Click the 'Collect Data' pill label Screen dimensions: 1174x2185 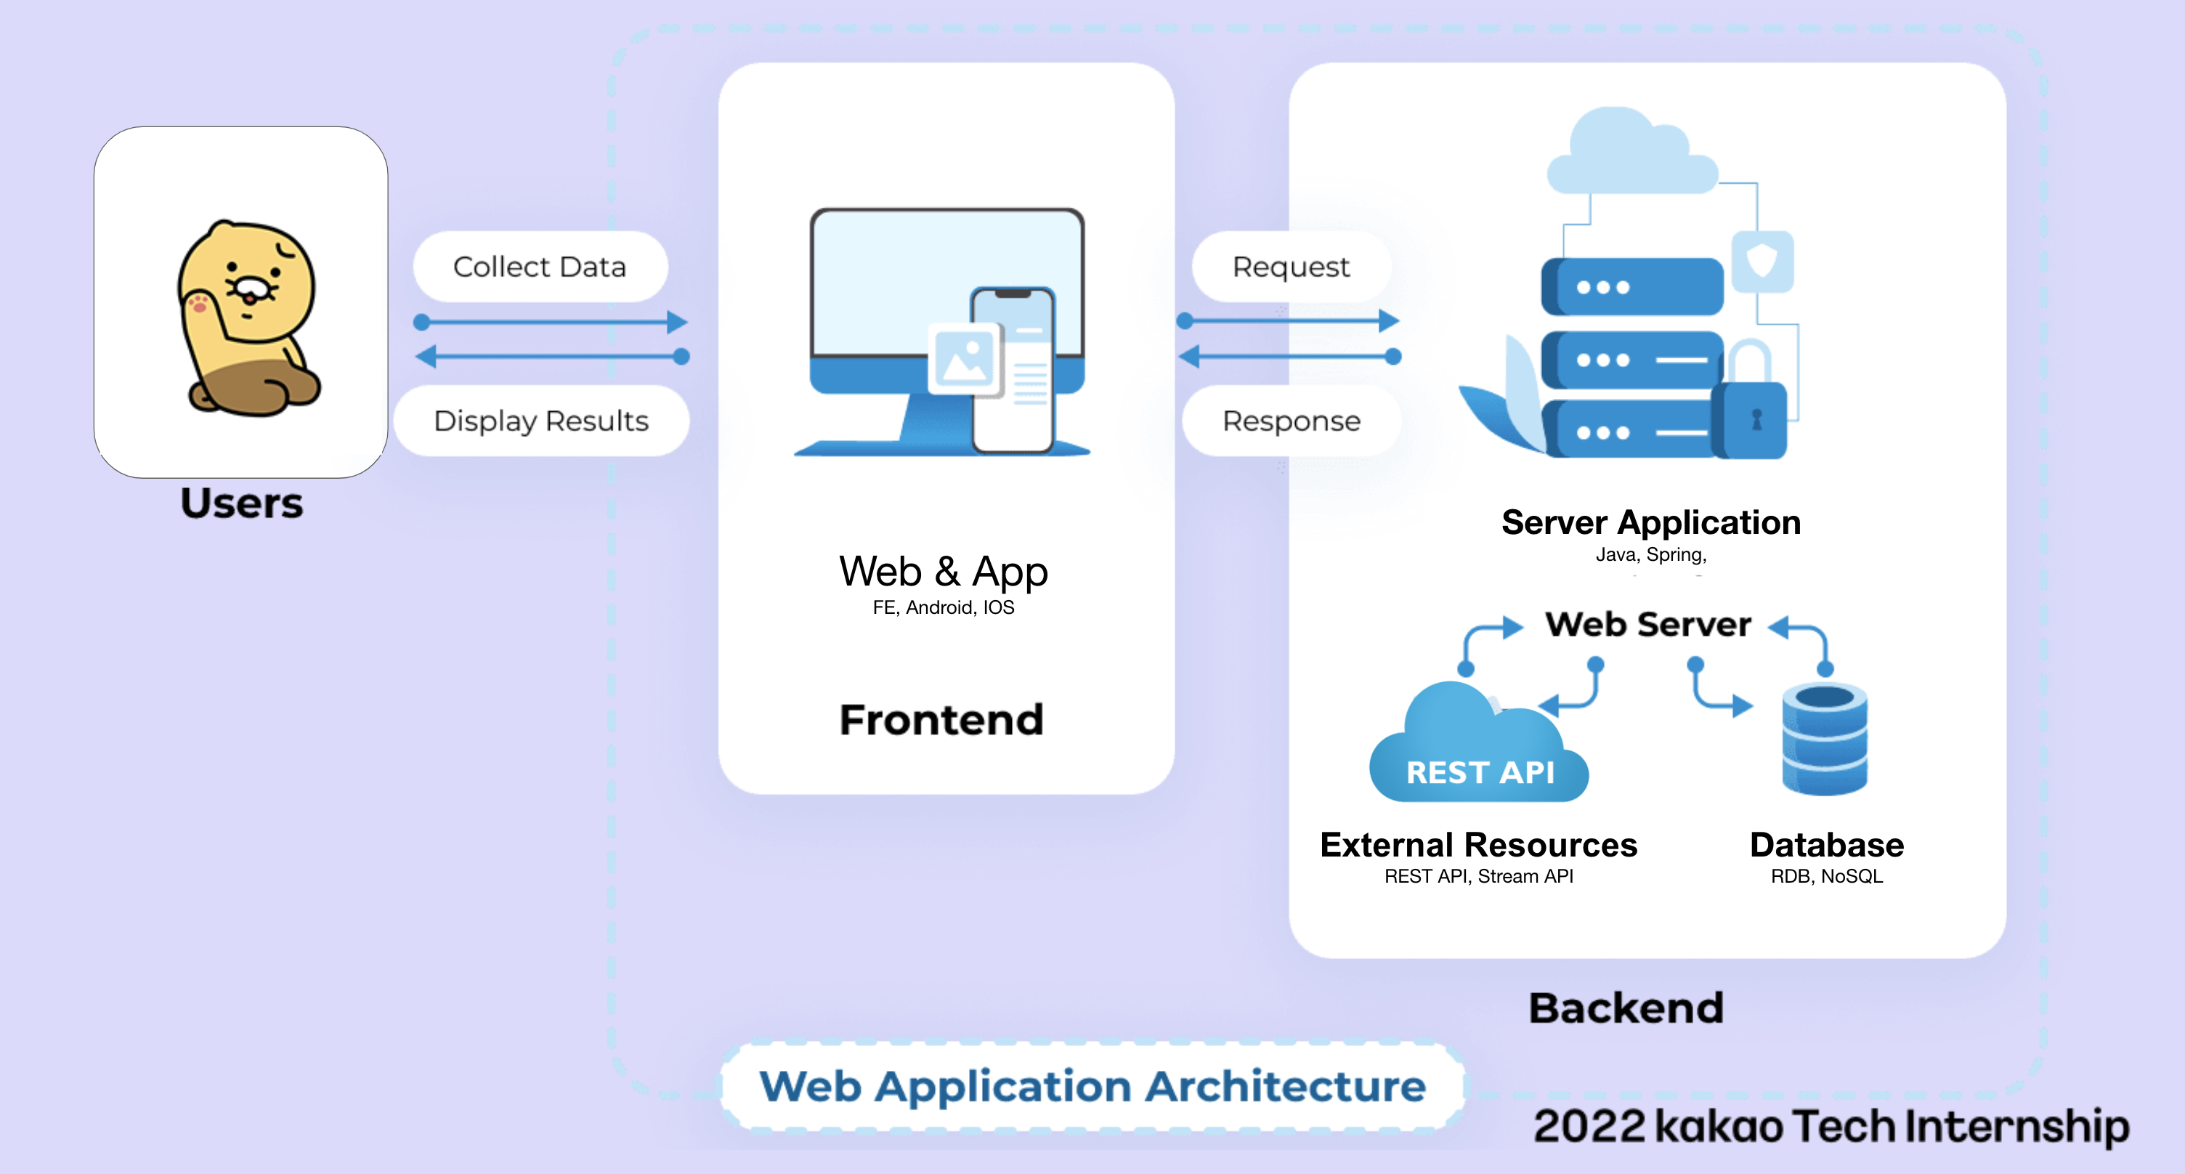click(x=540, y=267)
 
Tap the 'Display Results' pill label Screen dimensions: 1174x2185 click(x=541, y=421)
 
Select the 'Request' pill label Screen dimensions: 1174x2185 click(x=1290, y=267)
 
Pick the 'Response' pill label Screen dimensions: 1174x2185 click(x=1291, y=421)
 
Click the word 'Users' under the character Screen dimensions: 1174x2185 click(x=242, y=503)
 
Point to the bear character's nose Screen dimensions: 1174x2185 click(x=250, y=288)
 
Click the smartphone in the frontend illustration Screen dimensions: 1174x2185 click(x=1013, y=370)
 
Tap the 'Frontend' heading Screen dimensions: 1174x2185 click(x=941, y=719)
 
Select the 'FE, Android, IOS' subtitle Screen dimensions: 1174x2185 click(x=943, y=607)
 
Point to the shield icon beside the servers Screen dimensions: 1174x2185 click(x=1762, y=260)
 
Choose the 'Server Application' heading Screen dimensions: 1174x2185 click(x=1650, y=522)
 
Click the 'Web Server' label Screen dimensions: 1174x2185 click(x=1647, y=624)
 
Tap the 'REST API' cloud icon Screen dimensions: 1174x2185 click(x=1479, y=747)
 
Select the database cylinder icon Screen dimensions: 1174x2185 click(x=1825, y=739)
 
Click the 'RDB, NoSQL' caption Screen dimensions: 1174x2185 click(x=1826, y=876)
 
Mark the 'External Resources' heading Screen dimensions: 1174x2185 click(x=1478, y=845)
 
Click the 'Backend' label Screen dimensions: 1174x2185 click(x=1626, y=1008)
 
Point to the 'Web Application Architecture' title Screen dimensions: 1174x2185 click(x=1092, y=1087)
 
